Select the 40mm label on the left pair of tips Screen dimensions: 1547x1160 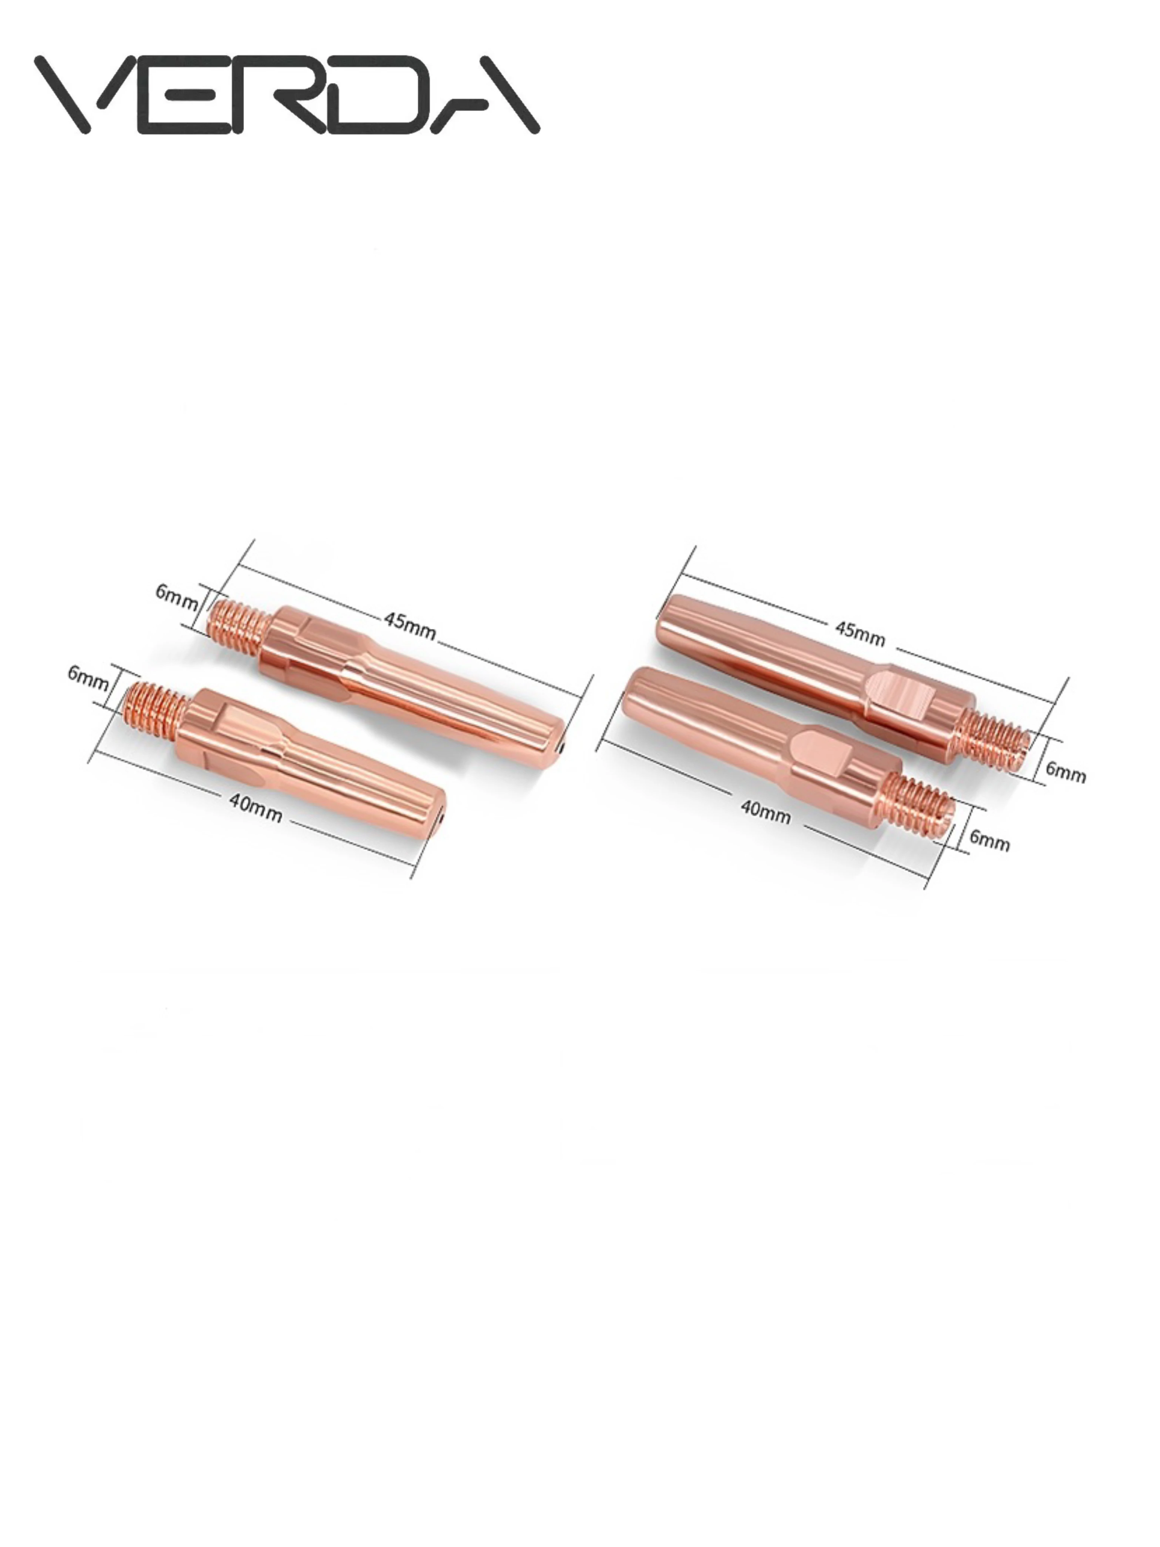[255, 809]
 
